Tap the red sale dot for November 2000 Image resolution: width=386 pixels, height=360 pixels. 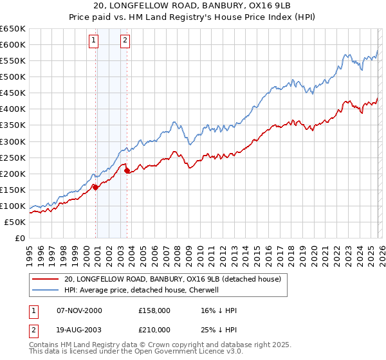(x=96, y=187)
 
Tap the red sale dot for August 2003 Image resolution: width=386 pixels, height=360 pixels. (x=127, y=170)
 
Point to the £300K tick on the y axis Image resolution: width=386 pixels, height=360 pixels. (x=13, y=141)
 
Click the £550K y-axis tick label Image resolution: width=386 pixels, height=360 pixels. (x=13, y=60)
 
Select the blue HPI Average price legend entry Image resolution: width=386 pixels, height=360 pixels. (x=142, y=290)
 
